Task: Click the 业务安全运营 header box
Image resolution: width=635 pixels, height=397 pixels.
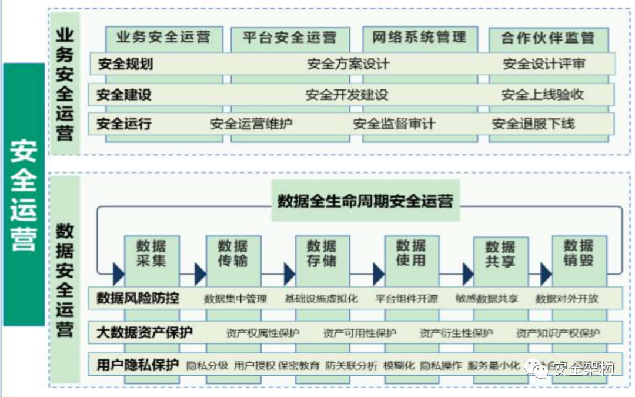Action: pyautogui.click(x=163, y=37)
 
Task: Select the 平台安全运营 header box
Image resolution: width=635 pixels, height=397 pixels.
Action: pyautogui.click(x=289, y=37)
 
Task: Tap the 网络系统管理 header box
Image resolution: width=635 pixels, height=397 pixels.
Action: pyautogui.click(x=419, y=37)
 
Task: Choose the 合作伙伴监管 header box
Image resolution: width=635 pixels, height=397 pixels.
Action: pyautogui.click(x=548, y=38)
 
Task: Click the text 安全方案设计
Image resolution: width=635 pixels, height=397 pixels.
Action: pyautogui.click(x=347, y=64)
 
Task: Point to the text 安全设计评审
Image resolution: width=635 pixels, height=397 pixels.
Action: pyautogui.click(x=544, y=64)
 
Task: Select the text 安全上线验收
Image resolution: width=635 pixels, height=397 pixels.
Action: pyautogui.click(x=543, y=94)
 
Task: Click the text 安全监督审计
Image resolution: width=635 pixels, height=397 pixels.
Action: pyautogui.click(x=394, y=124)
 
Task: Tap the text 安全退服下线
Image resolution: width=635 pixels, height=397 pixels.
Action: pyautogui.click(x=533, y=124)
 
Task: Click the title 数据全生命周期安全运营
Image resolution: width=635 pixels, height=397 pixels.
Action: pyautogui.click(x=365, y=201)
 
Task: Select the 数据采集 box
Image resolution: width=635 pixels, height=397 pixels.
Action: pyautogui.click(x=151, y=253)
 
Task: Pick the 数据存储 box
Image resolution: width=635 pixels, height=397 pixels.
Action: pyautogui.click(x=322, y=253)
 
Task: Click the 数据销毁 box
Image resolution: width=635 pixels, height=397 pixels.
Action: pyautogui.click(x=579, y=253)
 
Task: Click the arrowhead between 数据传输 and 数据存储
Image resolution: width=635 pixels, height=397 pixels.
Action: pyautogui.click(x=289, y=274)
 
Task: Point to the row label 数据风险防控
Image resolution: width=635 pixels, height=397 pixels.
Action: pyautogui.click(x=138, y=298)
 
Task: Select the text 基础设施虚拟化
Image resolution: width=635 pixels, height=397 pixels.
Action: pyautogui.click(x=321, y=299)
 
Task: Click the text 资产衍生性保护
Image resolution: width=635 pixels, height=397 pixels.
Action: pyautogui.click(x=456, y=333)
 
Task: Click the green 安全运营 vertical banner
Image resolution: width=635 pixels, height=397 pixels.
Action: pyautogui.click(x=24, y=194)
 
